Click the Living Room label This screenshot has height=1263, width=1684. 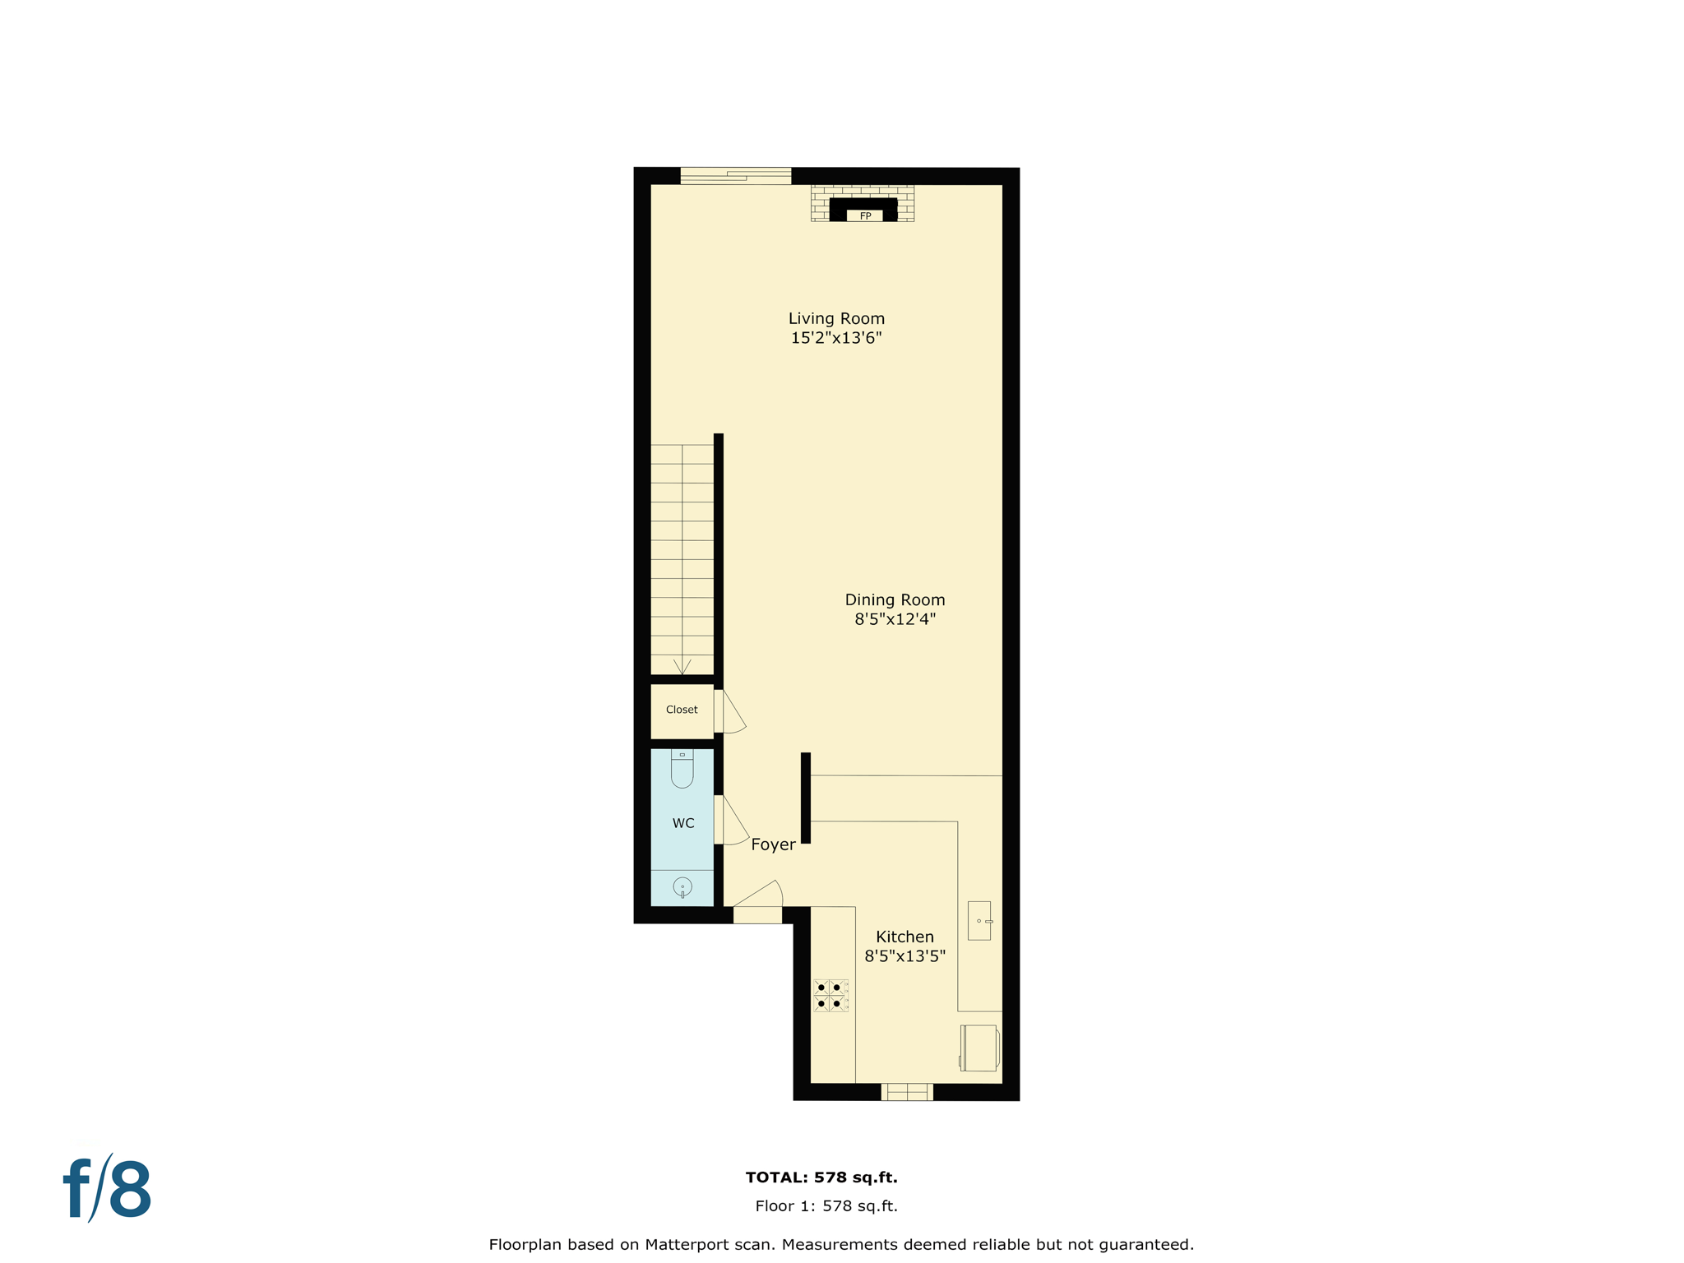pyautogui.click(x=836, y=318)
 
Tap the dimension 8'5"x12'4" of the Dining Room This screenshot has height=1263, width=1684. pyautogui.click(x=895, y=619)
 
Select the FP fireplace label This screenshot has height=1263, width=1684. pyautogui.click(x=865, y=216)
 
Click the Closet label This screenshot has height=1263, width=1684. pyautogui.click(x=682, y=710)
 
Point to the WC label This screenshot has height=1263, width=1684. pyautogui.click(x=683, y=823)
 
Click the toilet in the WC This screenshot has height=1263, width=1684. pyautogui.click(x=682, y=770)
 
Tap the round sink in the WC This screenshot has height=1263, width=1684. pyautogui.click(x=682, y=886)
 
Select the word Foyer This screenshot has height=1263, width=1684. pyautogui.click(x=773, y=844)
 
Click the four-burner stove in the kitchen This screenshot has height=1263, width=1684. pyautogui.click(x=830, y=995)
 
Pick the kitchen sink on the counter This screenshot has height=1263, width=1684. pyautogui.click(x=979, y=920)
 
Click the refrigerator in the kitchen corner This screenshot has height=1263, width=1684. pyautogui.click(x=979, y=1048)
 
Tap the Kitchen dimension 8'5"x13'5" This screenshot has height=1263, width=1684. pyautogui.click(x=904, y=955)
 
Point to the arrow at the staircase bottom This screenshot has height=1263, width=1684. pyautogui.click(x=682, y=666)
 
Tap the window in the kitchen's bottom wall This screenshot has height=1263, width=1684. pyautogui.click(x=907, y=1092)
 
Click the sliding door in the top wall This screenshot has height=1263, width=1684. pyautogui.click(x=735, y=175)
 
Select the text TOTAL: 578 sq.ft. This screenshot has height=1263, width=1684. pyautogui.click(x=821, y=1177)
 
